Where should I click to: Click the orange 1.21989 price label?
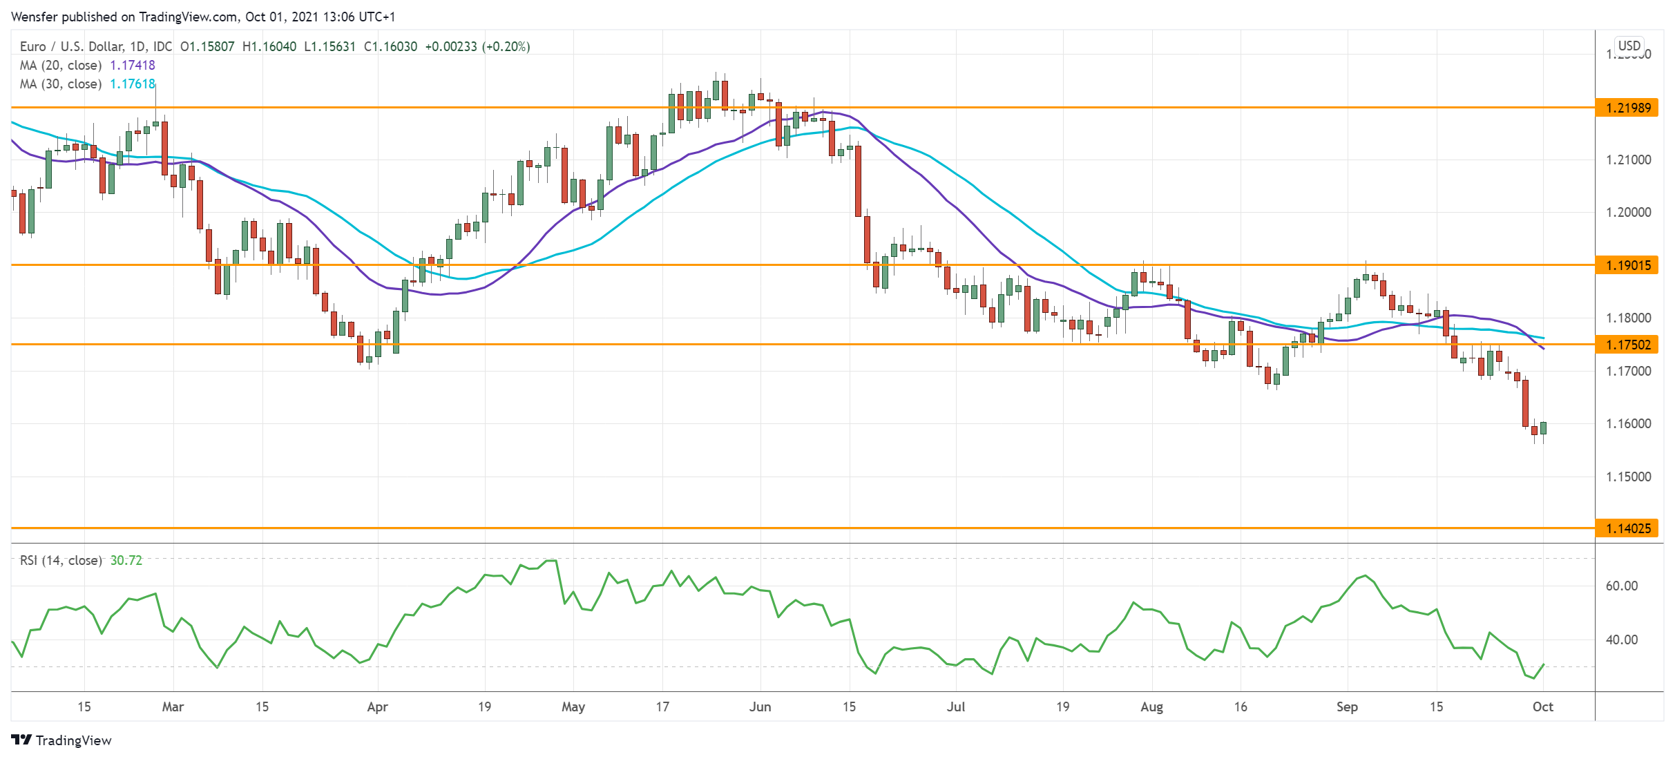(x=1627, y=108)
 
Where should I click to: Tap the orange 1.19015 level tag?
(x=1627, y=265)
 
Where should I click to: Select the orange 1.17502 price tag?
(x=1627, y=345)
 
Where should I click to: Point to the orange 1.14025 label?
(x=1627, y=528)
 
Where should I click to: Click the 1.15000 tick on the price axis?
(x=1628, y=477)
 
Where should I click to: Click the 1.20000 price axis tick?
(x=1628, y=212)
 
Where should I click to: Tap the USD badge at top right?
(x=1629, y=46)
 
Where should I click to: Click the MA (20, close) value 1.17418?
(x=133, y=65)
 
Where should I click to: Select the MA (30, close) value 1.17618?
(x=133, y=84)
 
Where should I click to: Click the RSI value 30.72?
(x=126, y=560)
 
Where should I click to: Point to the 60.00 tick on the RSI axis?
(x=1621, y=586)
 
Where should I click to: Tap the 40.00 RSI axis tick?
(x=1621, y=640)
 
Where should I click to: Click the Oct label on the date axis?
(x=1542, y=707)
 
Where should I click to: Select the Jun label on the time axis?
(x=760, y=707)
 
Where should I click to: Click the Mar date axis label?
(x=173, y=707)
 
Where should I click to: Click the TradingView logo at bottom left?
(x=61, y=740)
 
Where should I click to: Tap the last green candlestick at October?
(x=1543, y=428)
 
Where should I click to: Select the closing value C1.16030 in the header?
(x=390, y=46)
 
